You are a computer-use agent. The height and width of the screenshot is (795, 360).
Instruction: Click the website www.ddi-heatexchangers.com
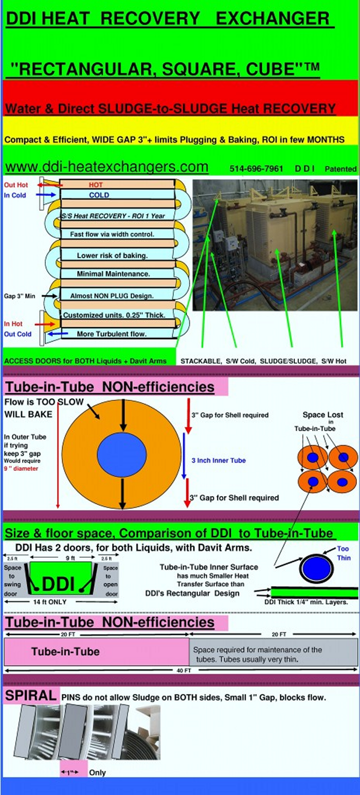coord(107,167)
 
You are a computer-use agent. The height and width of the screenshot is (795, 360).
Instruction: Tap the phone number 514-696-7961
coord(256,169)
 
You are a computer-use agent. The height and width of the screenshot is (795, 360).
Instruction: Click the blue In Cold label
coord(15,195)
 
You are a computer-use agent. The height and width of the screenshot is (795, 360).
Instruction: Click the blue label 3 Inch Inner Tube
coord(219,461)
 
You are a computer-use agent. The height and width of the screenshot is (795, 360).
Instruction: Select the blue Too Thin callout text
coord(343,553)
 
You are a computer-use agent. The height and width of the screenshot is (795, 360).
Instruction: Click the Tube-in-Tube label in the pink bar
coord(65,651)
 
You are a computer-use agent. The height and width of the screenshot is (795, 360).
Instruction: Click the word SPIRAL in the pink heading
coord(30,696)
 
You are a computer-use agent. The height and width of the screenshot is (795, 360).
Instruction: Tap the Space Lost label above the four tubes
coord(314,415)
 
